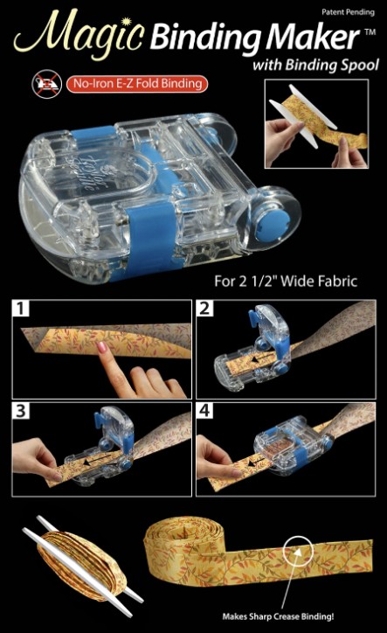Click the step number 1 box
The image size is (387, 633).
(21, 309)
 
